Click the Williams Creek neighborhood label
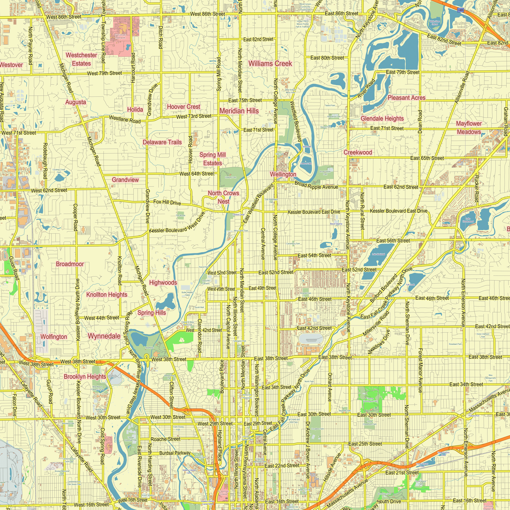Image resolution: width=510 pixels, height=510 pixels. coord(270,63)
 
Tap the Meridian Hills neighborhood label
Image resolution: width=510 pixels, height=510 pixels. coord(239,111)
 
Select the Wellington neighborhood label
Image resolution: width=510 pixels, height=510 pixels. coord(283,174)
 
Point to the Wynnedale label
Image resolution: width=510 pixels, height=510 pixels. coord(104,336)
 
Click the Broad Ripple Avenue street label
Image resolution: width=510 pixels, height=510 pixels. coord(316,185)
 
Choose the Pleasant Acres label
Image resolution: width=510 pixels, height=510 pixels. coord(406,98)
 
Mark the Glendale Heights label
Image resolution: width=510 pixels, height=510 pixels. coord(382,119)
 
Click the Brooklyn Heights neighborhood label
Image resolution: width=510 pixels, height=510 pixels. coord(85,376)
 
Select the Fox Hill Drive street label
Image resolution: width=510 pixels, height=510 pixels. coord(167,202)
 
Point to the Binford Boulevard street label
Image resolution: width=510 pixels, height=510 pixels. coord(384,288)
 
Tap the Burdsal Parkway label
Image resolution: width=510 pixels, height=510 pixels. coord(175,453)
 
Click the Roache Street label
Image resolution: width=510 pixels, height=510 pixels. coord(165,439)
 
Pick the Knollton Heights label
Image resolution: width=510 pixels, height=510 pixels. coord(107,295)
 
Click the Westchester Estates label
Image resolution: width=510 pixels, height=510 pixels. coord(81,59)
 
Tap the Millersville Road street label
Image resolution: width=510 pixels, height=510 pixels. coord(376,324)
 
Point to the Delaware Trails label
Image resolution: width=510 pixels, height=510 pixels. coord(162,142)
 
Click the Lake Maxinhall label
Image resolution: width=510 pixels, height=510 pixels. coord(378,254)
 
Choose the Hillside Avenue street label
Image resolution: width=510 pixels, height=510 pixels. coord(331,467)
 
